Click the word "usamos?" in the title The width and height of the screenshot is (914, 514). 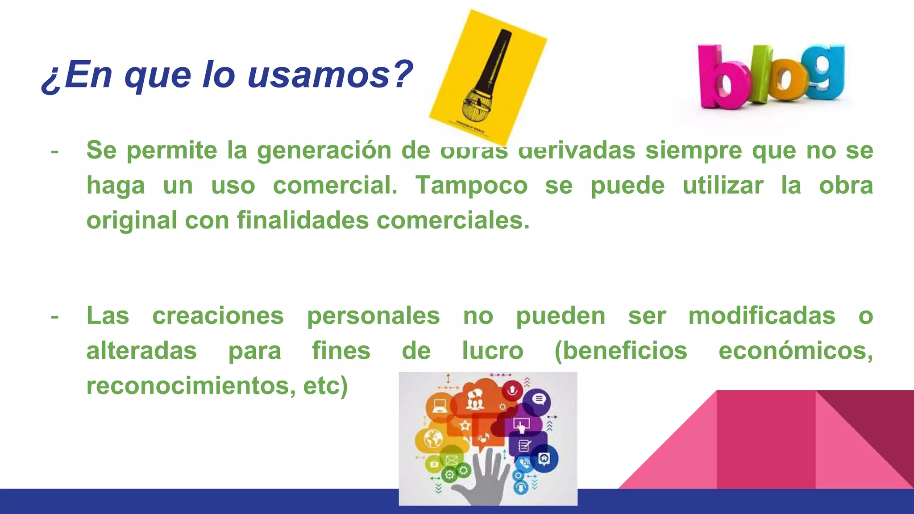330,75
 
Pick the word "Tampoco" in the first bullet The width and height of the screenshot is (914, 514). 471,185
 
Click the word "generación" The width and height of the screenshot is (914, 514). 324,150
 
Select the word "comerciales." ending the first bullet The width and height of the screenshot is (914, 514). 453,220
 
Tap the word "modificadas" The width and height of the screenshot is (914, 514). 761,316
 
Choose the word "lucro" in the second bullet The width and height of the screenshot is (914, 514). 492,351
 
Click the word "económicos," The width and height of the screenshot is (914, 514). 795,351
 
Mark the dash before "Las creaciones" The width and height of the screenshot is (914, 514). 54,316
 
